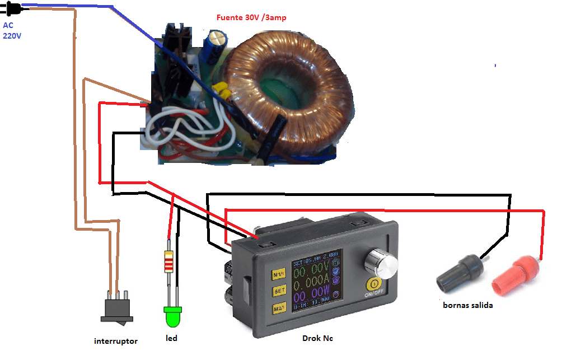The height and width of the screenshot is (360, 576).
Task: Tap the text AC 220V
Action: tap(12, 30)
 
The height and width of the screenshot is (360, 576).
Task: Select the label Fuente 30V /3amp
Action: tap(251, 17)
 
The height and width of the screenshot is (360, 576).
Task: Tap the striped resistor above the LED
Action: tap(168, 261)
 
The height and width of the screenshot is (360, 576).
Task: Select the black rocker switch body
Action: tap(116, 311)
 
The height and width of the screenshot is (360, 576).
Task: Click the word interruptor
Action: tap(116, 341)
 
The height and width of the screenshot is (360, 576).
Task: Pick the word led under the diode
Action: tap(171, 339)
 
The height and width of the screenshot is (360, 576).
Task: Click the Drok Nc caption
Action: tap(317, 338)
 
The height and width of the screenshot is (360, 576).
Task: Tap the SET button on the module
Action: tap(280, 291)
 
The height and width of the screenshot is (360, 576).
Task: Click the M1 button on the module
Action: tap(279, 274)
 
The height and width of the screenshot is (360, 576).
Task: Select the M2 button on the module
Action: tap(280, 307)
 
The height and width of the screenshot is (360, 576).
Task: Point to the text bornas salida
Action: tap(467, 305)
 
